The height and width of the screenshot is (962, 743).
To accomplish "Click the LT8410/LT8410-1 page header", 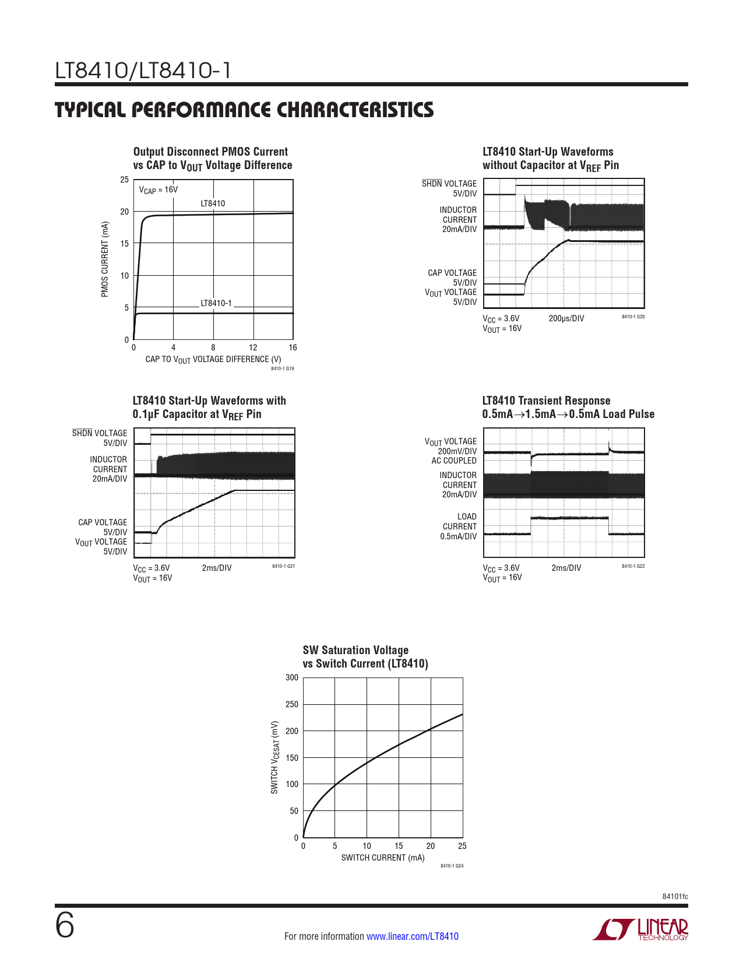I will point(143,71).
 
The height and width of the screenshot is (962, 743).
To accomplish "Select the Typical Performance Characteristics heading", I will point(244,110).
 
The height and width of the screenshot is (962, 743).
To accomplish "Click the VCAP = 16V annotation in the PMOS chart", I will point(159,190).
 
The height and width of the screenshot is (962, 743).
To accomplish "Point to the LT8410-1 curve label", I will point(216,303).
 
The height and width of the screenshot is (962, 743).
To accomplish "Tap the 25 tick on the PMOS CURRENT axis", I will point(124,180).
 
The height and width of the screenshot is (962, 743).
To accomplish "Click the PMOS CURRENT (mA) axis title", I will point(105,259).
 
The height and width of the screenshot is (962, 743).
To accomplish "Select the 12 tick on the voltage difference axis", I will point(253,347).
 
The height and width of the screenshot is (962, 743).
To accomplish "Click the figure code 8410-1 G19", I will point(283,368).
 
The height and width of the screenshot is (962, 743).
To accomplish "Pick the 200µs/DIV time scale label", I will point(566,318).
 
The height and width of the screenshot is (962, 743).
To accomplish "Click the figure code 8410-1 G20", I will point(633,317).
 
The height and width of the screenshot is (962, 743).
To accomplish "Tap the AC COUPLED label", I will point(454,461).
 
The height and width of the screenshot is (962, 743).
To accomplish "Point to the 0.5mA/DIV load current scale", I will point(458,536).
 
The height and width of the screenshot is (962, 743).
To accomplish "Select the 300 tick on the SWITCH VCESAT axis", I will point(292,677).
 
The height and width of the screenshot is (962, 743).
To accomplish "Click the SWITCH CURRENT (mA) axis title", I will point(383,858).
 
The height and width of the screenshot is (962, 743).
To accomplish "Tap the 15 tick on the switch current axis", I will point(399,846).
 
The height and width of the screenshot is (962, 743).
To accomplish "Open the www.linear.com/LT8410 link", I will point(413,936).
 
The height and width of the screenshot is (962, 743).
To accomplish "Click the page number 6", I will point(65,926).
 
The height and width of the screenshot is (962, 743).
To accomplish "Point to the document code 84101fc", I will point(675,896).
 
